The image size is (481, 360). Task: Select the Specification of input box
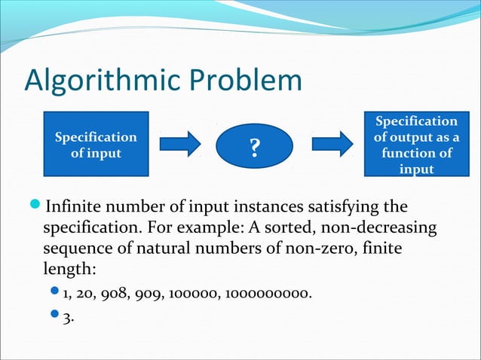(96, 145)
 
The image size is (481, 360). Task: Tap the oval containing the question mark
(255, 145)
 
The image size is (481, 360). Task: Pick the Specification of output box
(415, 145)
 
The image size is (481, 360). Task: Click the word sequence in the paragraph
(75, 249)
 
